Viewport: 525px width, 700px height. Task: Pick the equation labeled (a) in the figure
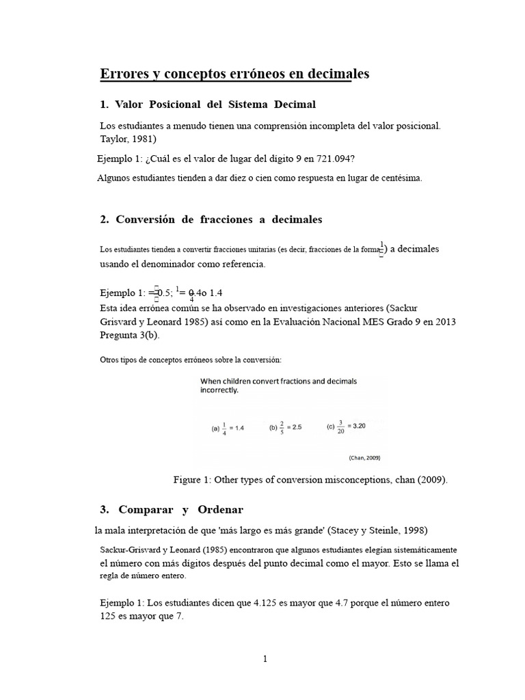pos(227,427)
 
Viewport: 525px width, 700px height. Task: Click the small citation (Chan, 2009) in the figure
pos(364,457)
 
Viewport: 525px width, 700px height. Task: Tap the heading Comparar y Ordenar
pos(180,510)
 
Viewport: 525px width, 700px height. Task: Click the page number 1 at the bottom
pos(265,659)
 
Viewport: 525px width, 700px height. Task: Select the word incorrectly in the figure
pos(219,391)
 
